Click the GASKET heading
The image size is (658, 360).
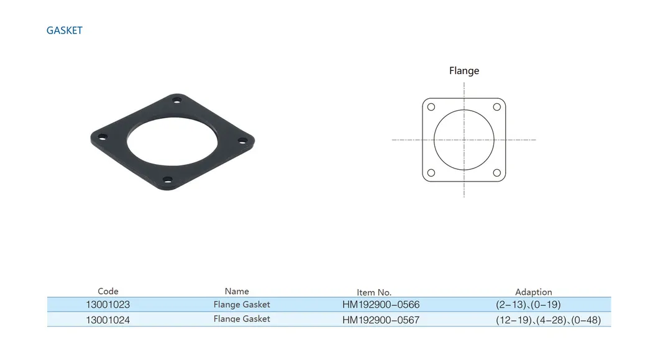pyautogui.click(x=64, y=30)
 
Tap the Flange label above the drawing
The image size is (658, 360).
pyautogui.click(x=464, y=71)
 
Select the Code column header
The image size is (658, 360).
pyautogui.click(x=108, y=291)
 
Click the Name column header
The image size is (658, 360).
pyautogui.click(x=237, y=291)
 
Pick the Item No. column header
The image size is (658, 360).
pyautogui.click(x=374, y=292)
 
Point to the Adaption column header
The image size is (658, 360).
pyautogui.click(x=533, y=292)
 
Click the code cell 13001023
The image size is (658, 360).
pyautogui.click(x=108, y=305)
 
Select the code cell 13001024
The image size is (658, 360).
pyautogui.click(x=108, y=320)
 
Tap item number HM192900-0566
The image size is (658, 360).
pyautogui.click(x=381, y=305)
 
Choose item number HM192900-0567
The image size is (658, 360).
pyautogui.click(x=381, y=320)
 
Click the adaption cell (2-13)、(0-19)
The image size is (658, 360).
pyautogui.click(x=528, y=305)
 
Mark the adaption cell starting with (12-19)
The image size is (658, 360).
pyautogui.click(x=548, y=320)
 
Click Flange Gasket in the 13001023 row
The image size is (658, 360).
pyautogui.click(x=242, y=305)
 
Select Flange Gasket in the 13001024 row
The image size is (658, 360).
pyautogui.click(x=242, y=319)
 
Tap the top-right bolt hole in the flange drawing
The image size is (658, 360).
pyautogui.click(x=497, y=107)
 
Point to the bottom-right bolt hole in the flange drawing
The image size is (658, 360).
pyautogui.click(x=497, y=173)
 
